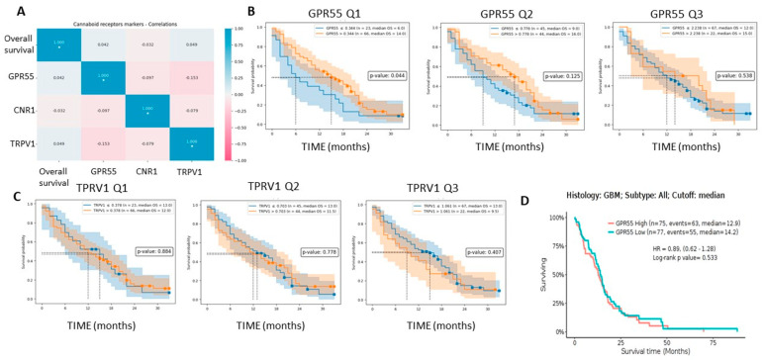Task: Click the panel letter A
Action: click(8, 8)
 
